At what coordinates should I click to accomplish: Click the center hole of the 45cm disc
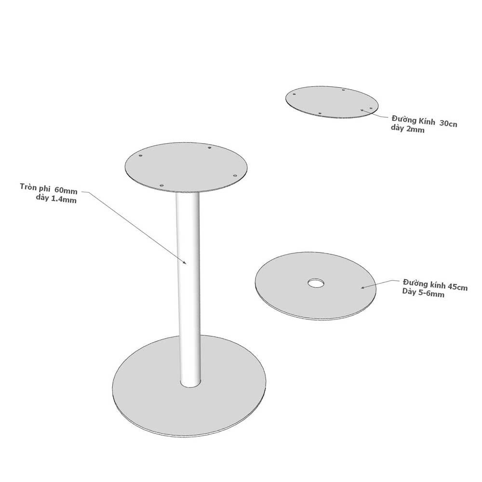[316, 283]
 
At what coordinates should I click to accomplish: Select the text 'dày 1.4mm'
[56, 199]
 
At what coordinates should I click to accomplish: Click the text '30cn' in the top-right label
[448, 123]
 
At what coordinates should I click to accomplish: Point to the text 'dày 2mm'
[408, 129]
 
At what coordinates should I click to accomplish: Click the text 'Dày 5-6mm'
[423, 293]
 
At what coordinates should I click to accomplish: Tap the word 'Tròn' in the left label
[27, 187]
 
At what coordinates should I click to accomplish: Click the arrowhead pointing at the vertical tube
[185, 262]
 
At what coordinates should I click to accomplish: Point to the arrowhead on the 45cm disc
[363, 287]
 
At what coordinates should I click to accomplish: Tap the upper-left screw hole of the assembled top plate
[140, 156]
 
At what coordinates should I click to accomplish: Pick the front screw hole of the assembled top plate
[161, 186]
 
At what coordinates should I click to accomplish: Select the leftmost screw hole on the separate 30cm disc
[294, 94]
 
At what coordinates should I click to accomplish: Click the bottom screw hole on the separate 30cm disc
[320, 113]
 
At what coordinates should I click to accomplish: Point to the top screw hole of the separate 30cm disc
[343, 90]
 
